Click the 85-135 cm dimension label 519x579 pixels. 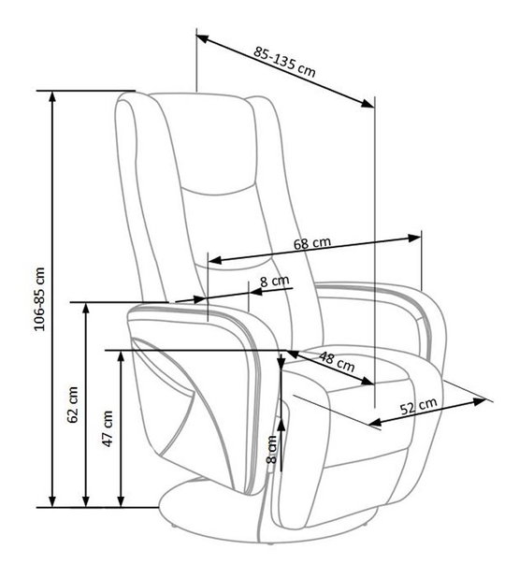pyautogui.click(x=284, y=62)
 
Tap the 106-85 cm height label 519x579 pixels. pyautogui.click(x=39, y=298)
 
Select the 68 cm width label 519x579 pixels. pyautogui.click(x=312, y=243)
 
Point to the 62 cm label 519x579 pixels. pyautogui.click(x=73, y=405)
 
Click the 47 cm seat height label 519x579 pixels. pyautogui.click(x=108, y=428)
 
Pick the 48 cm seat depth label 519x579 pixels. pyautogui.click(x=337, y=361)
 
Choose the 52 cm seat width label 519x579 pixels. pyautogui.click(x=419, y=407)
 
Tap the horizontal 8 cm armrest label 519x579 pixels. pyautogui.click(x=275, y=282)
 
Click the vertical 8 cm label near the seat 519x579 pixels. pyautogui.click(x=271, y=449)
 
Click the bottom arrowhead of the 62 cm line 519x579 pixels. pyautogui.click(x=86, y=501)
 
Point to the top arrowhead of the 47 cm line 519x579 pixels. pyautogui.click(x=121, y=356)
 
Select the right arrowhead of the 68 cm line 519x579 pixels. pyautogui.click(x=415, y=239)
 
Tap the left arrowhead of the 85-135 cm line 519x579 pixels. pyautogui.click(x=203, y=38)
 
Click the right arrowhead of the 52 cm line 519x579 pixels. pyautogui.click(x=479, y=401)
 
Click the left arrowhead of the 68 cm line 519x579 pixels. pyautogui.click(x=215, y=260)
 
